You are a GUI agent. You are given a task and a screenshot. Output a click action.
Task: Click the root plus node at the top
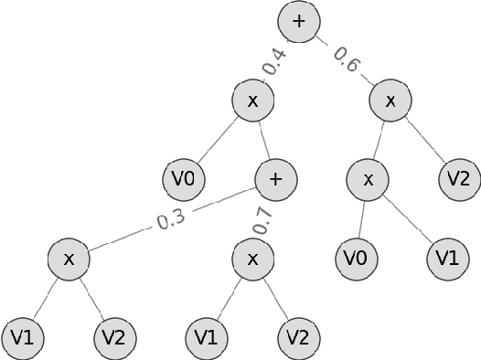point(298,20)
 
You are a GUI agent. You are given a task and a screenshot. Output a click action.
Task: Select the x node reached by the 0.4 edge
point(252,101)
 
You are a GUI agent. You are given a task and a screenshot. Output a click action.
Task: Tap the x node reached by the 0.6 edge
point(390,101)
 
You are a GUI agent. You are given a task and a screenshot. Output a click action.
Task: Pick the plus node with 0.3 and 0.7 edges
point(275,179)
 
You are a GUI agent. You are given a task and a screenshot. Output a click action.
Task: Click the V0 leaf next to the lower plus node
point(184,179)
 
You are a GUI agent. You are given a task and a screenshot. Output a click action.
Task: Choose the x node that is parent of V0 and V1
point(368,179)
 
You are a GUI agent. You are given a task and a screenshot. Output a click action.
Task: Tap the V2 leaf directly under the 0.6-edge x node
point(459,179)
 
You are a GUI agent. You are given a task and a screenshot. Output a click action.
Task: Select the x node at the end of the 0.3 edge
point(69,259)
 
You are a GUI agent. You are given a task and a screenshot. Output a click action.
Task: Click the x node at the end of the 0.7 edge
point(252,259)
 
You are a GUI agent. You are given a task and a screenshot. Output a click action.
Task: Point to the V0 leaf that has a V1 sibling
point(356,259)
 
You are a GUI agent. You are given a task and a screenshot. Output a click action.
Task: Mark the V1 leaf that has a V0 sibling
point(447,259)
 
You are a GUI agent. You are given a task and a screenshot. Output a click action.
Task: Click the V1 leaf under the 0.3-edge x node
point(23,338)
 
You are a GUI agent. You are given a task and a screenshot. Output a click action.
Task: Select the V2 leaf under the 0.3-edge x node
point(114,338)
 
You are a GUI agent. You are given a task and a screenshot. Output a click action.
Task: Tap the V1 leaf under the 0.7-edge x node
point(207,338)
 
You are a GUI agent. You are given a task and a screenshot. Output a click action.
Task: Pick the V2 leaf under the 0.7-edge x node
point(298,338)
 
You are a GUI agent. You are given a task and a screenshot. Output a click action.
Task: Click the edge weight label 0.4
point(273,61)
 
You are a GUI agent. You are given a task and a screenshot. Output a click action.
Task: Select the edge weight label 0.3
point(171,220)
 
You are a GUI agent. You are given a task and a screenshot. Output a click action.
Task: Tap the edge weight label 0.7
point(263,219)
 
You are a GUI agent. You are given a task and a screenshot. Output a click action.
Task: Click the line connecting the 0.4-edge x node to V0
point(219,140)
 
